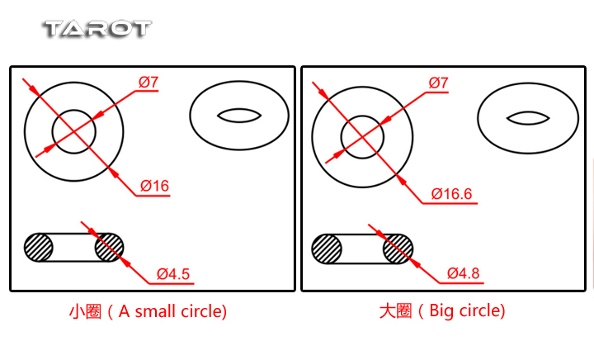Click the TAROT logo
coord(98,29)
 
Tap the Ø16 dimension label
coord(154,186)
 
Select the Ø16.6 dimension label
coord(451,194)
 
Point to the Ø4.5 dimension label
coord(173,274)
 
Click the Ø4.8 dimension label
coord(464,273)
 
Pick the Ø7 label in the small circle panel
coord(148,82)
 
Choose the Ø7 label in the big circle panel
coord(438,83)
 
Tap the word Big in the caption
coord(441,311)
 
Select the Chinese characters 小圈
coord(85,311)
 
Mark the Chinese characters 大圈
coord(395,310)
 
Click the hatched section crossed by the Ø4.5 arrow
coord(109,248)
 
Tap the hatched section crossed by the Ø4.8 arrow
coord(398,249)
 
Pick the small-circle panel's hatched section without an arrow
coord(39,248)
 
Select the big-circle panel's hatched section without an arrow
coord(327,249)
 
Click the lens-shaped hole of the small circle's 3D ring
coord(239,116)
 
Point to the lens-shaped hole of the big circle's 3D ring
coord(528,118)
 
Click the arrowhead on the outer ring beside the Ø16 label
coord(113,172)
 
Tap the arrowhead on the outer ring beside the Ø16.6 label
coord(401,180)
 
